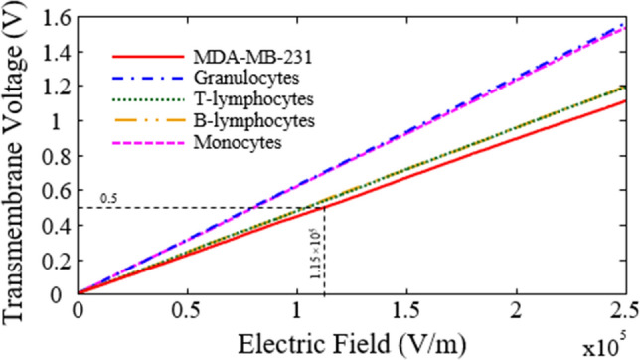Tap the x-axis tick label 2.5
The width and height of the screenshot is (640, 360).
click(623, 310)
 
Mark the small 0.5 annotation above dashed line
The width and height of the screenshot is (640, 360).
click(110, 197)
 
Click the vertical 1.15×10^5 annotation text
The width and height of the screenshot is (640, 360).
click(315, 261)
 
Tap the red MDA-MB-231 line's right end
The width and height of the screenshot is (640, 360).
click(624, 100)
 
